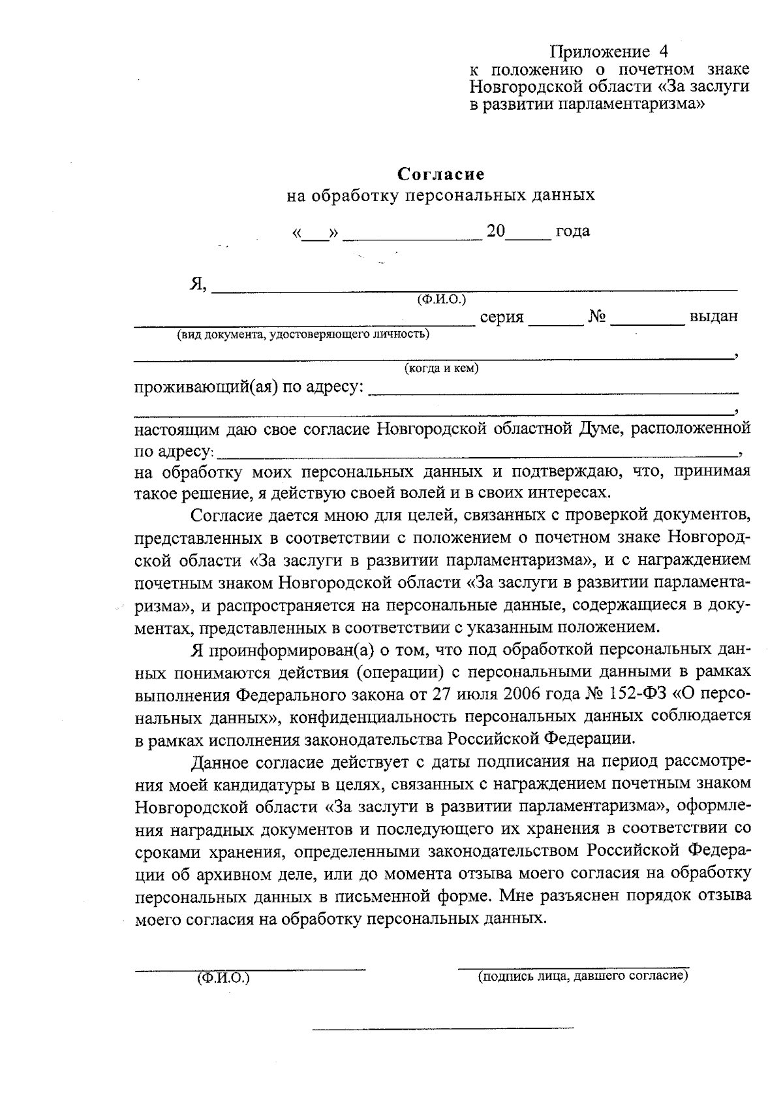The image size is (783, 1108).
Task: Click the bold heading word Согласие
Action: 441,174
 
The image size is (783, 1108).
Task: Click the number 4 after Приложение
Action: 664,52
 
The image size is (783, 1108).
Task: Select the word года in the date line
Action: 572,230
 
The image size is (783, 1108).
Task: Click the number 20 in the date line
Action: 496,230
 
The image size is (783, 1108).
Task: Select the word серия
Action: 502,317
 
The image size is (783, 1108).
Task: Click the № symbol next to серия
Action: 597,317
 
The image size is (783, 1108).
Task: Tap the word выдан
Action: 713,317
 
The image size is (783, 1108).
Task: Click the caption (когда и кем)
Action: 442,369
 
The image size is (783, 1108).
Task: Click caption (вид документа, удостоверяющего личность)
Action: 302,335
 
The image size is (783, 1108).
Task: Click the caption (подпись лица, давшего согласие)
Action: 583,977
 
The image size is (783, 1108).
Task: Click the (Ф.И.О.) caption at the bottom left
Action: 223,979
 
